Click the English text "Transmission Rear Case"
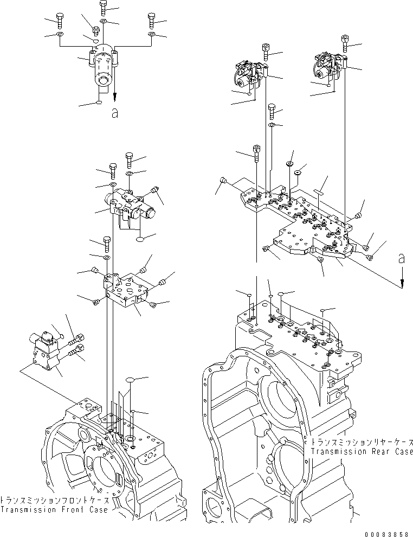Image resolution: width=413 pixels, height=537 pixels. coord(362,451)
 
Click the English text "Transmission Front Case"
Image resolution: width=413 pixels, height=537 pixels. coord(54,510)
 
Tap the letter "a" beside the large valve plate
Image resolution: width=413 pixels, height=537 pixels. coord(401,260)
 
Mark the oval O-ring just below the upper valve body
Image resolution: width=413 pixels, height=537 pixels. coord(140,238)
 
